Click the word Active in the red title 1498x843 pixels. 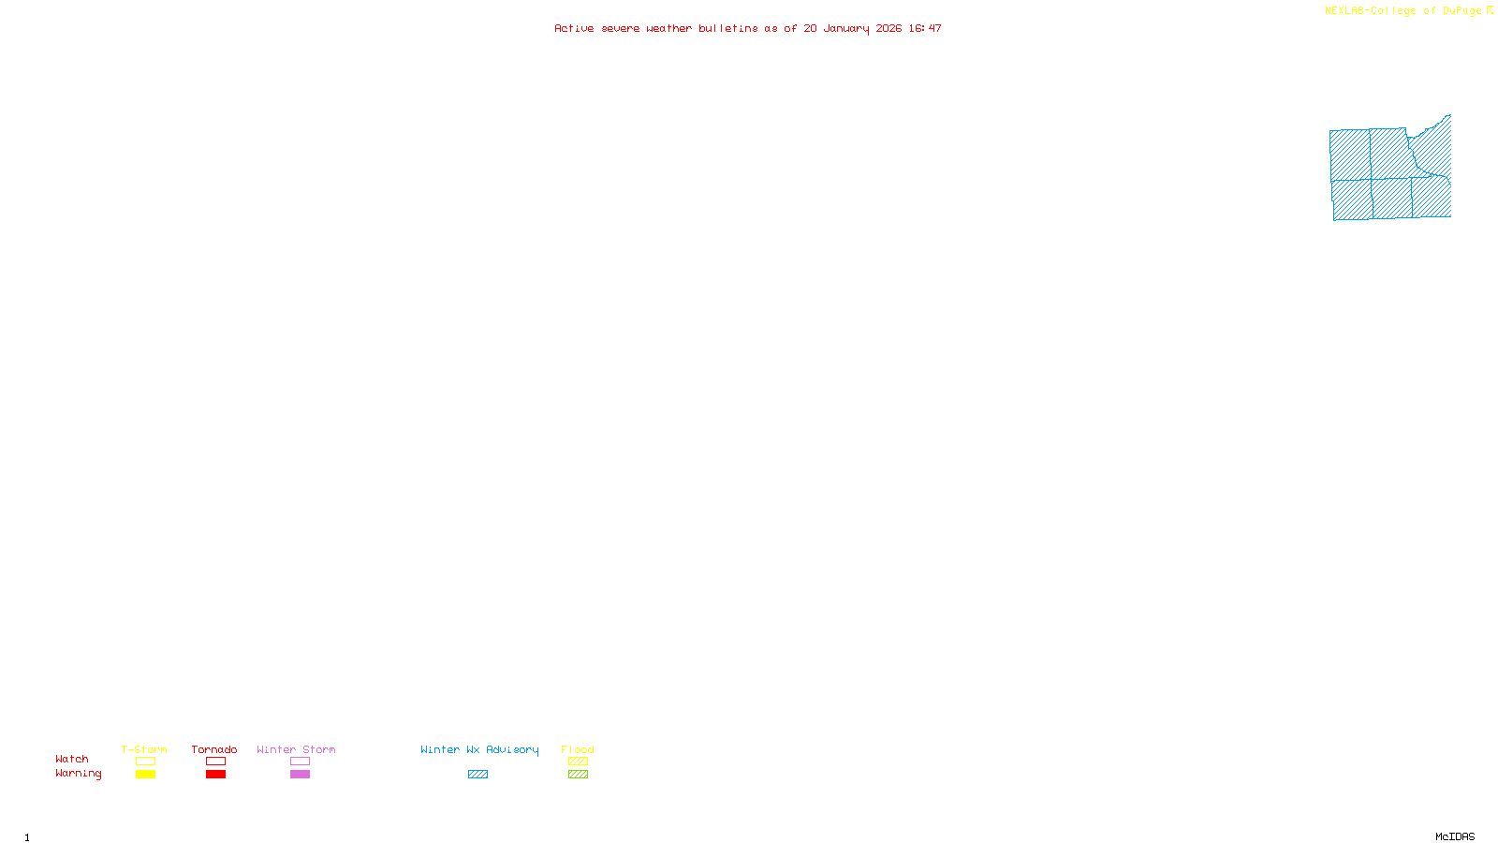[x=573, y=28]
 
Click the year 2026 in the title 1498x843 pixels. [x=889, y=28]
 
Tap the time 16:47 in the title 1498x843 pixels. [x=925, y=28]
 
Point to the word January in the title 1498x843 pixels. [x=845, y=28]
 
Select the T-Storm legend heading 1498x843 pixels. [x=144, y=749]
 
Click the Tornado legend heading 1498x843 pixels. [x=214, y=749]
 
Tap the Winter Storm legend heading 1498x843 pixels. [x=296, y=749]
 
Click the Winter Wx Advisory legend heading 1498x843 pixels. [x=479, y=749]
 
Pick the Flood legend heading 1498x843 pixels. [x=578, y=749]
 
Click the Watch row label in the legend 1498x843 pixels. [x=72, y=759]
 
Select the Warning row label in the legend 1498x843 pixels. [x=78, y=774]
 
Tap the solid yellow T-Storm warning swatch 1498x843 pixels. [x=145, y=775]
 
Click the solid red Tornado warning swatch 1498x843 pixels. [x=215, y=775]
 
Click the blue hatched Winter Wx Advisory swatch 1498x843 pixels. [x=477, y=775]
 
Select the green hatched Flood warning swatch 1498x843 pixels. [x=578, y=775]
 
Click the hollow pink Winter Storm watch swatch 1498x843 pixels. [x=300, y=762]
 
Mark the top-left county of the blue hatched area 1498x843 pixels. [x=1350, y=155]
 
